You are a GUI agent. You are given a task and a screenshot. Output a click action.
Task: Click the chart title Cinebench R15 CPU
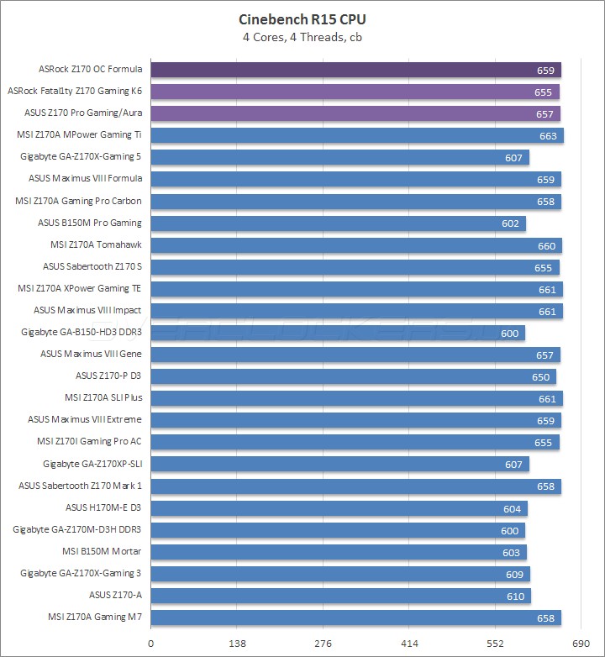(302, 19)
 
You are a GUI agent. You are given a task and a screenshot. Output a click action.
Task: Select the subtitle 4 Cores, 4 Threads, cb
(302, 36)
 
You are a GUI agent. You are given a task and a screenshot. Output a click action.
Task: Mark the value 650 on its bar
(541, 376)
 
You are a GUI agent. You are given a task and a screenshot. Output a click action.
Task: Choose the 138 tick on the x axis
(237, 644)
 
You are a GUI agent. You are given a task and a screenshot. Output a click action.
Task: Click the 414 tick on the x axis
(408, 644)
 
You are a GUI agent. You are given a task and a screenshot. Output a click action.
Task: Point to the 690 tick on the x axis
(580, 644)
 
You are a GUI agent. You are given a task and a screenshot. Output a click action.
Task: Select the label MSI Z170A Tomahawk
(96, 244)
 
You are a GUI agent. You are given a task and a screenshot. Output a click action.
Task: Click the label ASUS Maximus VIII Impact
(87, 310)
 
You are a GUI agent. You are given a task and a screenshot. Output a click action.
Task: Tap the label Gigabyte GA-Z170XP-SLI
(92, 464)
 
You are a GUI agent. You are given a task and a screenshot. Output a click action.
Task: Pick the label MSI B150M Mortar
(102, 551)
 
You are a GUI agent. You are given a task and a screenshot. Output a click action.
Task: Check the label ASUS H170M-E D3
(103, 507)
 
